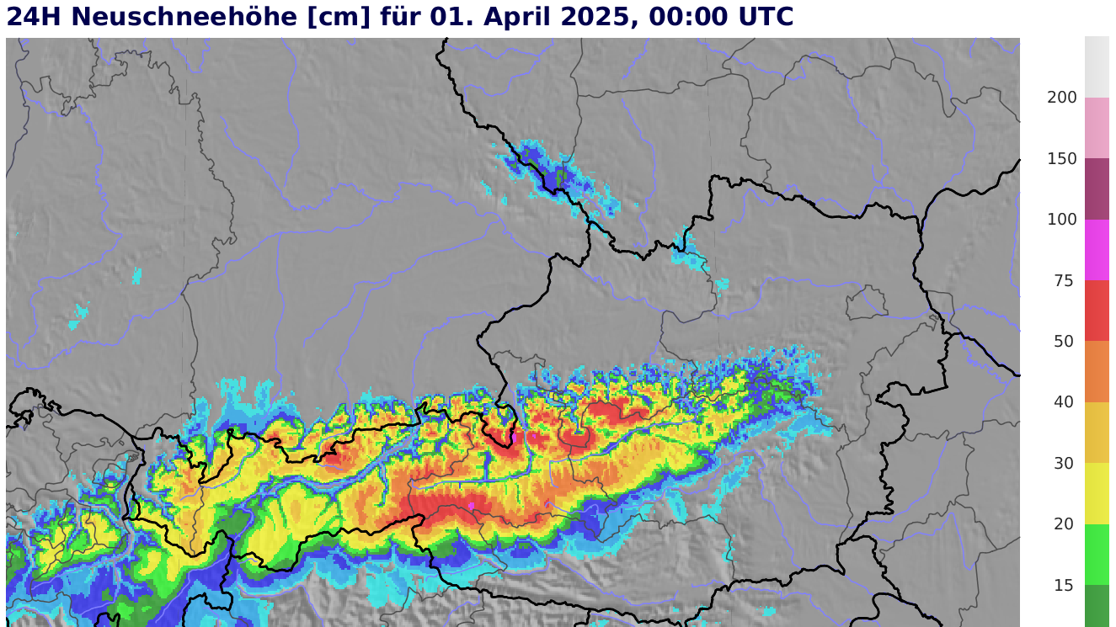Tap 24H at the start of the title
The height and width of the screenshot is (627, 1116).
coord(35,17)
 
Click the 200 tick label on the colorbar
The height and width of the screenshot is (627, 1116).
coord(1061,98)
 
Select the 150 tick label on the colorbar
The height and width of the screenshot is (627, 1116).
coord(1061,159)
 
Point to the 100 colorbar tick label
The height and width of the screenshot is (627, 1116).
coord(1061,220)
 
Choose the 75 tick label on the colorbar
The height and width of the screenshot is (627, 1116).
coord(1065,281)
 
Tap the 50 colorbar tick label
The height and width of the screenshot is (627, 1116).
coord(1065,342)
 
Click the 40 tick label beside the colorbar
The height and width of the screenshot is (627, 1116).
coord(1065,402)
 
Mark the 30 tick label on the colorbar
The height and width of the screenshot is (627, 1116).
coord(1065,464)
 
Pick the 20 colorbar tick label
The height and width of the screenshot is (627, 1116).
coord(1065,524)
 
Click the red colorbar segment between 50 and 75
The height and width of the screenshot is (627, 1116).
coord(1097,311)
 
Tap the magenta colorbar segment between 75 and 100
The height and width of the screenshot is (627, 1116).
coord(1097,250)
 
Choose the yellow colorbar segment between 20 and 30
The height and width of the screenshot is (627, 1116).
coord(1097,493)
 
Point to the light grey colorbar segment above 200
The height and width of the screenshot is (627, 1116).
coord(1097,66)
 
